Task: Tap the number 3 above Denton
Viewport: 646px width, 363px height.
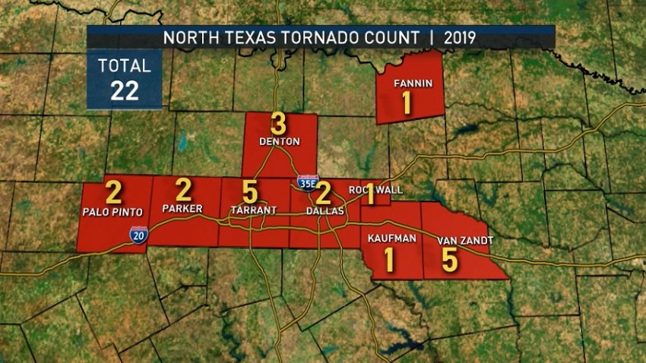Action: point(279,124)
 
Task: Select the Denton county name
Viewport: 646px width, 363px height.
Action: point(279,141)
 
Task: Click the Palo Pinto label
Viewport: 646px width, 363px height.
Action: point(113,212)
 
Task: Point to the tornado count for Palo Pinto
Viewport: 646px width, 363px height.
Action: point(113,192)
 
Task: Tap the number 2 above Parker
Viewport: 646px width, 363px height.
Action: point(184,190)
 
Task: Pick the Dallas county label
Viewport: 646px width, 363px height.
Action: point(325,210)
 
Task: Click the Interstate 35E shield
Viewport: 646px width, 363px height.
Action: point(308,183)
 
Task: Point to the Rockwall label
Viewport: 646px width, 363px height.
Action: point(375,189)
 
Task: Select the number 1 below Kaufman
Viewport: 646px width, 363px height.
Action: point(390,259)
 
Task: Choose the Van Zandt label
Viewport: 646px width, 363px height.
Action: point(465,240)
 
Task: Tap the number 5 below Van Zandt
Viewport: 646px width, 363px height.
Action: point(450,260)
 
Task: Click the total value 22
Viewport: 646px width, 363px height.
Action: point(124,90)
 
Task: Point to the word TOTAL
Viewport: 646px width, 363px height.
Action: point(125,65)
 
